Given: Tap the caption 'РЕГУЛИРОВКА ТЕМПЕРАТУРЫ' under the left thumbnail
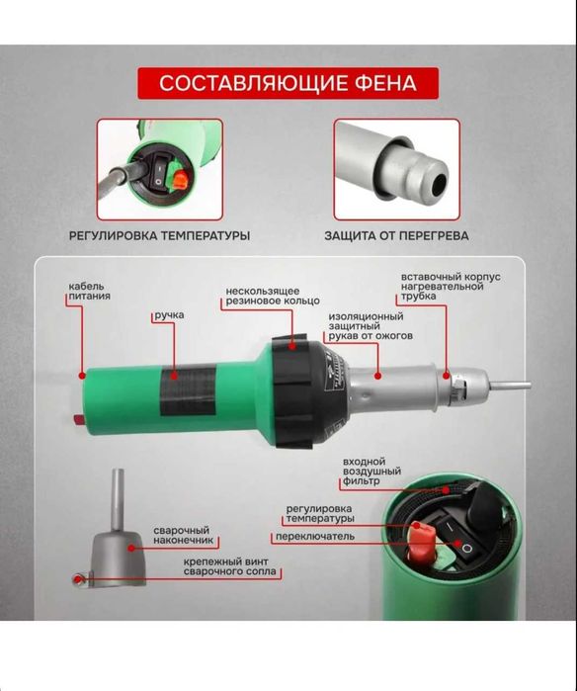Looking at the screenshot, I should coord(159,236).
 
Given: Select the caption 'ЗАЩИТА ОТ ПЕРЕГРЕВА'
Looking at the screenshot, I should coord(396,236).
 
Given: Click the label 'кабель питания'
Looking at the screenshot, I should coord(89,291).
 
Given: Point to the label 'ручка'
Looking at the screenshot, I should coord(168,315).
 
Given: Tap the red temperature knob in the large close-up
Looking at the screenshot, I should coord(423,540).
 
